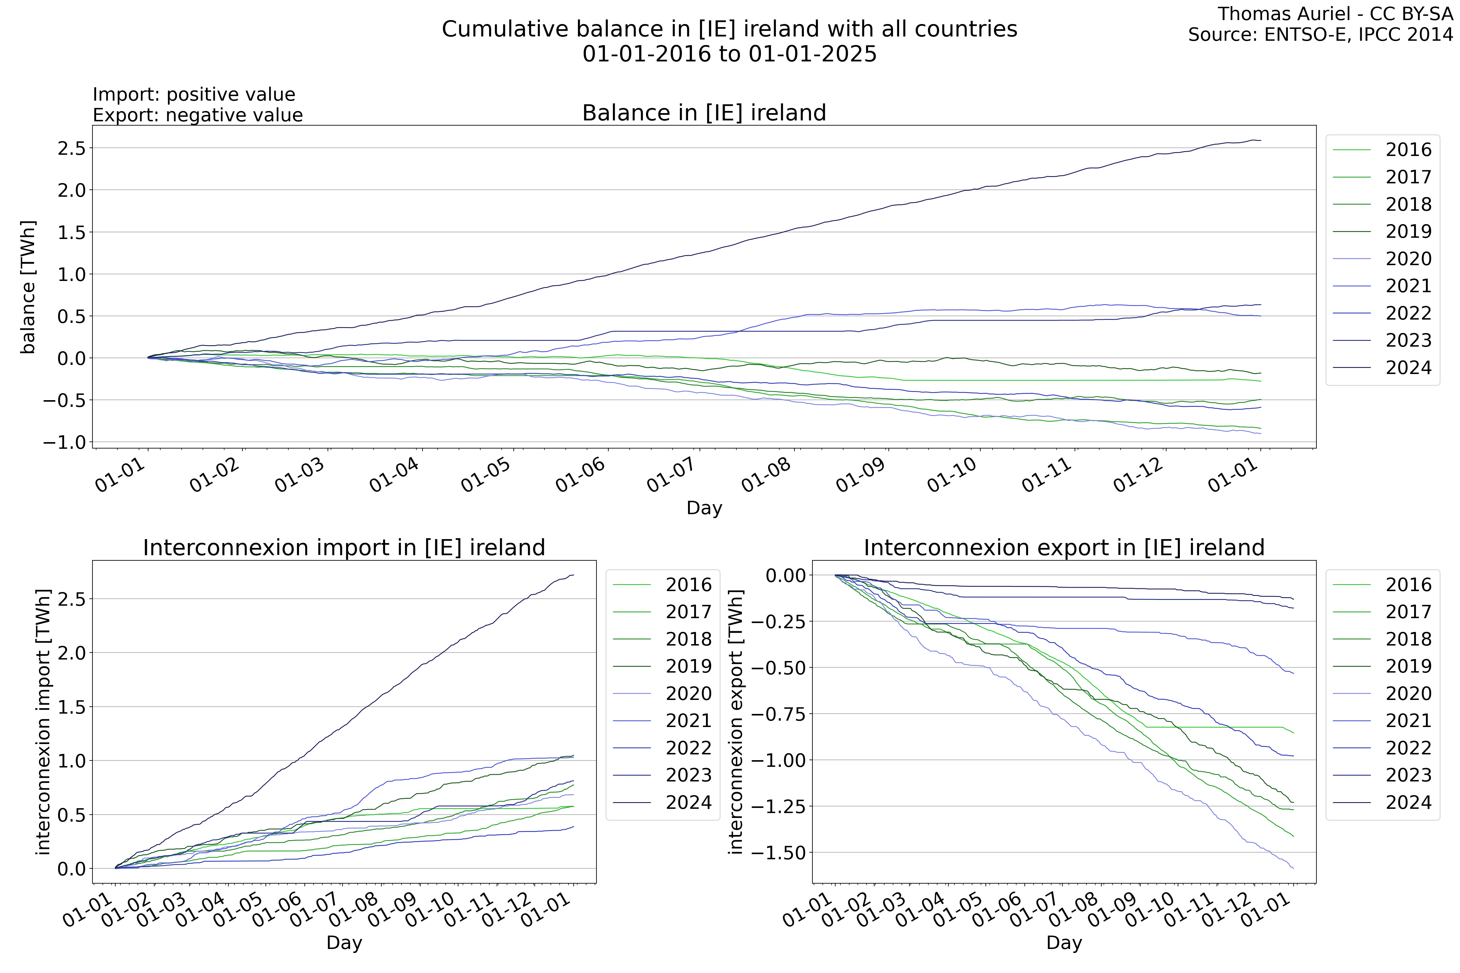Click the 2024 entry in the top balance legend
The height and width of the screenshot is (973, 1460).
tap(1408, 368)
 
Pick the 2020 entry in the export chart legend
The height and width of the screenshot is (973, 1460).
tap(1408, 694)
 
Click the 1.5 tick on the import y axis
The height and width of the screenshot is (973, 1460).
tap(71, 707)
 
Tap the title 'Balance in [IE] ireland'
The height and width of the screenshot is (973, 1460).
tap(704, 113)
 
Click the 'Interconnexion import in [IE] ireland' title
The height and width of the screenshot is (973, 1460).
tap(344, 548)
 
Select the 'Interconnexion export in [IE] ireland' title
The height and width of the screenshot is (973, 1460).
tap(1064, 548)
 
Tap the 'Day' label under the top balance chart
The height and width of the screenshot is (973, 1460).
tap(704, 508)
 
